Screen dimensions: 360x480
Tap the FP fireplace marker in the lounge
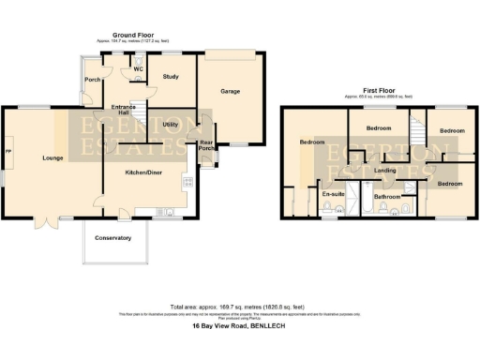pyautogui.click(x=9, y=152)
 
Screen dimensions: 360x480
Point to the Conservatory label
pyautogui.click(x=115, y=238)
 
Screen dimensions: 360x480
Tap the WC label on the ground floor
pyautogui.click(x=137, y=68)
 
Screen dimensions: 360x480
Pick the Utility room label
pyautogui.click(x=171, y=124)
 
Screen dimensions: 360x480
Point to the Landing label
pyautogui.click(x=384, y=171)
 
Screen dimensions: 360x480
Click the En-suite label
pyautogui.click(x=333, y=195)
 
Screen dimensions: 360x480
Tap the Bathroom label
pyautogui.click(x=387, y=197)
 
